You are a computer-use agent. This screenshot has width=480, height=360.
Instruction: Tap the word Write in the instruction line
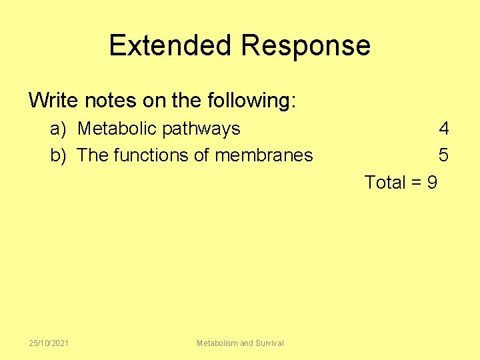point(54,101)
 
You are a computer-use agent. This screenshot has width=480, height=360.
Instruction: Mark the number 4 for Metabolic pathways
point(443,128)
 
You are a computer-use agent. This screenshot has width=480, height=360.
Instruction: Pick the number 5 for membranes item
point(443,155)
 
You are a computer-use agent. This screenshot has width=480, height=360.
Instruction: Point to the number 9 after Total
point(431,182)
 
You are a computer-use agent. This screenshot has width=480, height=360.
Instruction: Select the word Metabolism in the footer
point(217,343)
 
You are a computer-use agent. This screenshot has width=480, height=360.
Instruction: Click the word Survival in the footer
point(269,343)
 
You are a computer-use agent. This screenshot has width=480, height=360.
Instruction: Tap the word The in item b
point(93,155)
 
